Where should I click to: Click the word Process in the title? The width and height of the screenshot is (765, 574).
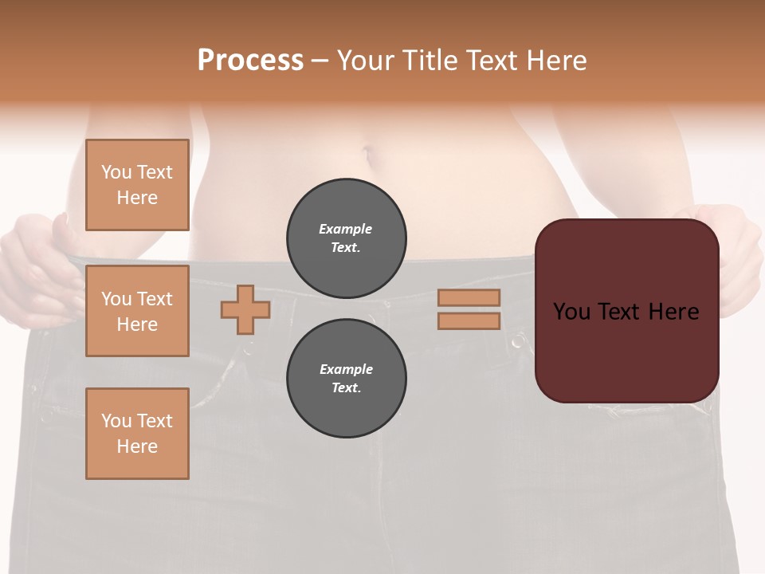pyautogui.click(x=250, y=61)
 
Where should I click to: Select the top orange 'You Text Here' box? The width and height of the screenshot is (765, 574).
pyautogui.click(x=137, y=185)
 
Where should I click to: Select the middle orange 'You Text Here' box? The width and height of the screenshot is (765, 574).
pyautogui.click(x=137, y=311)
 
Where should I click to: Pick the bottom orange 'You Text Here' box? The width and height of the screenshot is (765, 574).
pyautogui.click(x=137, y=434)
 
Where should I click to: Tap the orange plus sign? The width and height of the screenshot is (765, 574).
pyautogui.click(x=245, y=309)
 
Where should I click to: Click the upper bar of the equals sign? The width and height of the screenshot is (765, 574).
pyautogui.click(x=469, y=297)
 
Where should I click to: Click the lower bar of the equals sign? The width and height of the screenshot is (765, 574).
pyautogui.click(x=469, y=321)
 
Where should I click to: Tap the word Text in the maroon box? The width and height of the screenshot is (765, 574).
pyautogui.click(x=626, y=312)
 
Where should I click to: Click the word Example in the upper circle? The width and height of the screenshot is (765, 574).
pyautogui.click(x=346, y=229)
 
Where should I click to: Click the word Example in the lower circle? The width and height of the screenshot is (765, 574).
pyautogui.click(x=346, y=369)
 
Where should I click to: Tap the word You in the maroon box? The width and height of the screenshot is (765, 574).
pyautogui.click(x=571, y=312)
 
